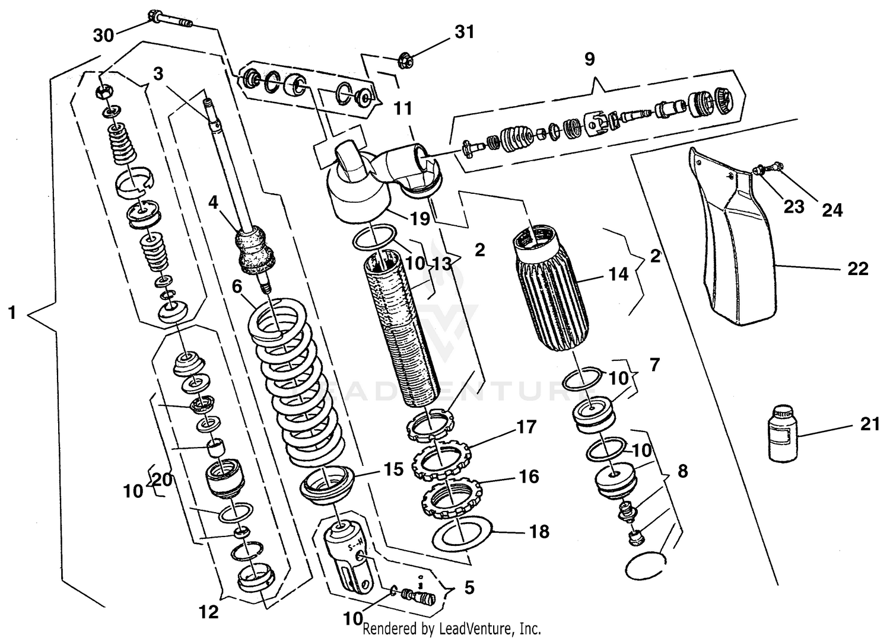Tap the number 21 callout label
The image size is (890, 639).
click(x=869, y=424)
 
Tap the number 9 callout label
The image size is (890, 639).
click(x=589, y=59)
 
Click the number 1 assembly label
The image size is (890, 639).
click(x=12, y=312)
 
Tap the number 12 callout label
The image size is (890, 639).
click(x=209, y=612)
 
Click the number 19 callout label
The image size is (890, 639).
click(x=420, y=219)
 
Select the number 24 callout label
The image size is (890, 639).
click(x=832, y=210)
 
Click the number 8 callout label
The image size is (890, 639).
click(x=682, y=471)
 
